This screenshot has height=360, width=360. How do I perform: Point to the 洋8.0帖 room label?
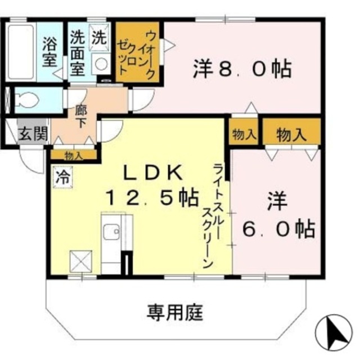click(x=242, y=69)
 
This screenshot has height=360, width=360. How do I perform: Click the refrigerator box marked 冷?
click(x=62, y=177)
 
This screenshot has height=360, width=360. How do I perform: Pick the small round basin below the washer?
click(x=102, y=64)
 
